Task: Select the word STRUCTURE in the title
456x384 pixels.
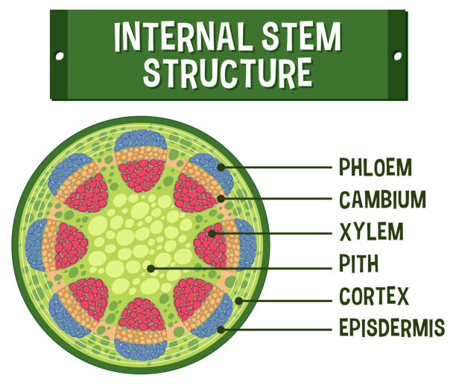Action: [x=227, y=72]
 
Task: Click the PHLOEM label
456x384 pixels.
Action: [x=375, y=167]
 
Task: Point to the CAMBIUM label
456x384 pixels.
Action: [x=382, y=199]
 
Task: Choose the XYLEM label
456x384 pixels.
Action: [x=371, y=232]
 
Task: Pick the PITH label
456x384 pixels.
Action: [x=359, y=263]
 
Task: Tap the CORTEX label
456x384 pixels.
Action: [x=374, y=296]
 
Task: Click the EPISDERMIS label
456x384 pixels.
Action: [x=391, y=327]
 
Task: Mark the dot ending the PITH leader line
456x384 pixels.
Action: [x=151, y=267]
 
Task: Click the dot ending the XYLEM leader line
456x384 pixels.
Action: [x=212, y=234]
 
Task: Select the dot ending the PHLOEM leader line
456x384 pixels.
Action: [x=221, y=167]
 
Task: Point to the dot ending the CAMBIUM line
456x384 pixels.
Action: [x=221, y=199]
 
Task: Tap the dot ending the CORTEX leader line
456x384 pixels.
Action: [x=239, y=301]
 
